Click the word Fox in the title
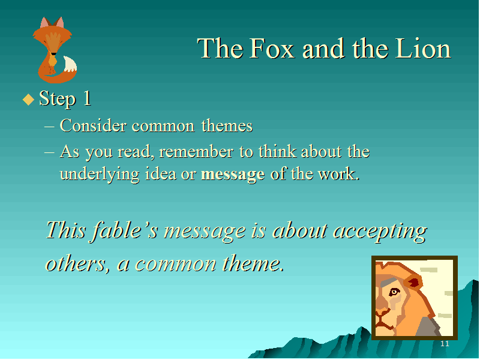272,49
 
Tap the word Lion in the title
423,49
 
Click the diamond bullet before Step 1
28,99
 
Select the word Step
58,99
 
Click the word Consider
93,125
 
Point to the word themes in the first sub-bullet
227,125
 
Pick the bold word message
233,175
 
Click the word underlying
100,175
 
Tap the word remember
196,152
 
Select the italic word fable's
125,230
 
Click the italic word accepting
380,231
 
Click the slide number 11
445,343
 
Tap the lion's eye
394,292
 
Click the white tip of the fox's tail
70,64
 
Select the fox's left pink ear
44,23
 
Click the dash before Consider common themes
49,126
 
